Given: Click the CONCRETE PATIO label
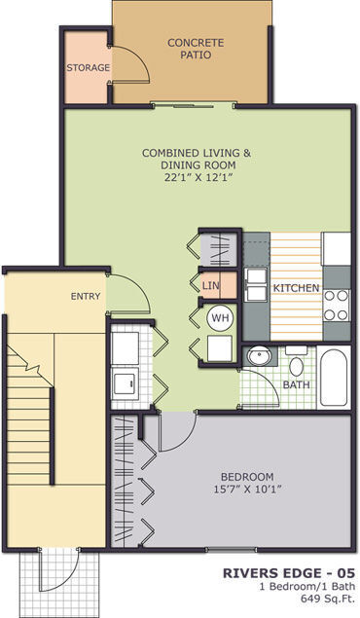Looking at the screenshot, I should (196, 49).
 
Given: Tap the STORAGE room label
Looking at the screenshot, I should (88, 68).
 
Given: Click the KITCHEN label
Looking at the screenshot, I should (297, 289).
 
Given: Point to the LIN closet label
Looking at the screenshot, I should (211, 285).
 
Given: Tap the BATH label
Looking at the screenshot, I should (296, 385).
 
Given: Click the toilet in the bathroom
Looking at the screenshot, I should (298, 365).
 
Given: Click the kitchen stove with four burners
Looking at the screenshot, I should (337, 304).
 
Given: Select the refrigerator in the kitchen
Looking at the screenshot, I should (336, 249).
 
